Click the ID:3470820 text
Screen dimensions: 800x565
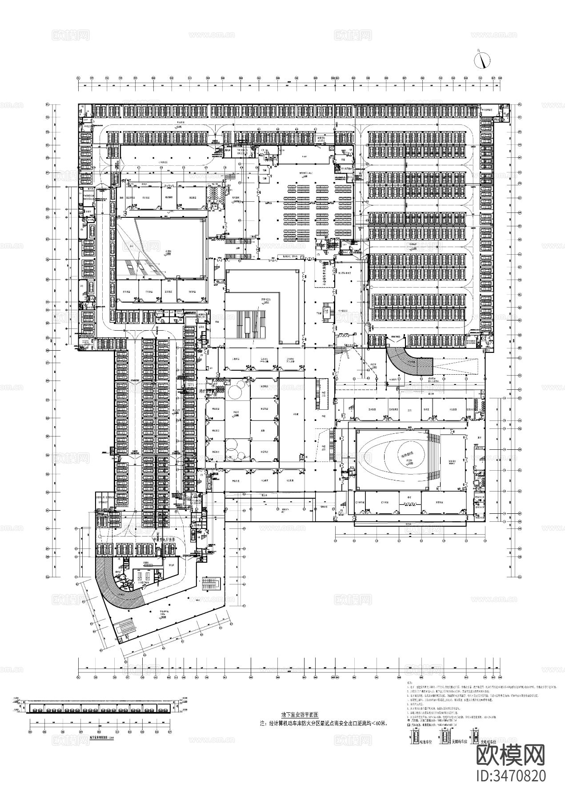(x=510, y=776)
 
